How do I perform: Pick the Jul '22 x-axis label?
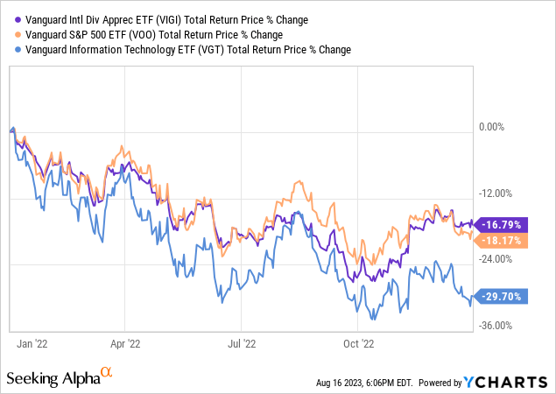[x=243, y=344]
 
